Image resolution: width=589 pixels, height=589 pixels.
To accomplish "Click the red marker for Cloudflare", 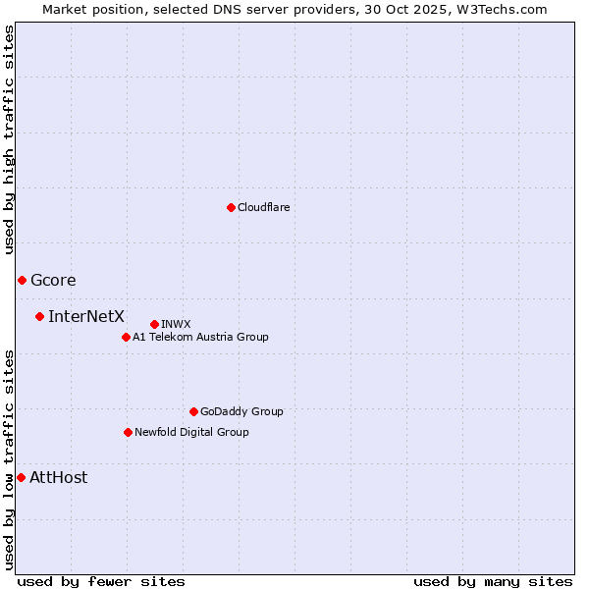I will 231,207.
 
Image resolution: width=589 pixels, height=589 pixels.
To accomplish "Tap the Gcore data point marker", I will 22,281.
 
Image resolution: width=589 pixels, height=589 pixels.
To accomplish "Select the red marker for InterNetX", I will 39,316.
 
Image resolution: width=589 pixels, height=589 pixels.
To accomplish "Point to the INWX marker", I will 154,324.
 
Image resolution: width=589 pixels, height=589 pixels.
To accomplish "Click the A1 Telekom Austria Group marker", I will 126,337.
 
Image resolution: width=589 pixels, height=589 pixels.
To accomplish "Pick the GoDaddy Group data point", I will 193,411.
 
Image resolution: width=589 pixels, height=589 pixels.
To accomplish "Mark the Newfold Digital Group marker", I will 128,432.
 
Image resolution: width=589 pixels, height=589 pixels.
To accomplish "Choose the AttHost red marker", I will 21,477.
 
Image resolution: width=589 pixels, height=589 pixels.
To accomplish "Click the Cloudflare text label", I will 264,207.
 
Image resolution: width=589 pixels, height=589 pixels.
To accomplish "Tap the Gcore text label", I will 53,281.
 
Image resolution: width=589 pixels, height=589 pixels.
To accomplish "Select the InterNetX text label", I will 86,316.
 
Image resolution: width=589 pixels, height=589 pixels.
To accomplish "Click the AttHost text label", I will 59,478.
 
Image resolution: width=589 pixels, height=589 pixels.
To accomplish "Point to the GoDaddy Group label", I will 241,411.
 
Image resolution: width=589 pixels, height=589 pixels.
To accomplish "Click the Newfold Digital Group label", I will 191,432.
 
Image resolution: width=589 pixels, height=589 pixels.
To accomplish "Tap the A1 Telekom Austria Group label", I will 200,337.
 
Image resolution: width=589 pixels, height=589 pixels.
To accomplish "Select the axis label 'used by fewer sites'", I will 101,581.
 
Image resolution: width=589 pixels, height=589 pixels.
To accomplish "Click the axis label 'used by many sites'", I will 493,581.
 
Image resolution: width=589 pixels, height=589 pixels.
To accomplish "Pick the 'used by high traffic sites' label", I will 10,139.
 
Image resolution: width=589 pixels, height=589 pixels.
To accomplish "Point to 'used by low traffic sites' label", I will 10,459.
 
